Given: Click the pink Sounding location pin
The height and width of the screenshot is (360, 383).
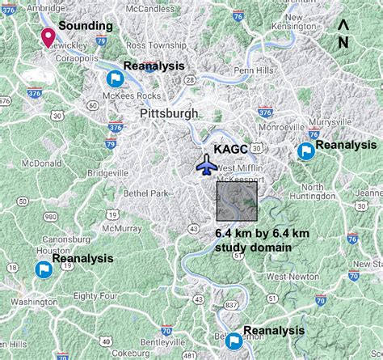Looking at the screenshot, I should click(48, 36).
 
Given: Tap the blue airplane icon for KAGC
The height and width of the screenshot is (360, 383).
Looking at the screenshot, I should click(207, 164).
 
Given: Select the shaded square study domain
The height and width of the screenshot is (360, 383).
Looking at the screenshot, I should click(237, 201).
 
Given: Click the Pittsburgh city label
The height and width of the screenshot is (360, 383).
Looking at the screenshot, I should click(168, 114).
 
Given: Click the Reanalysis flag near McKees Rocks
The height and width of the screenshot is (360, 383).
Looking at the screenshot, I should click(114, 78).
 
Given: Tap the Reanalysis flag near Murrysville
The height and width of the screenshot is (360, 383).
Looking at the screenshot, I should click(305, 150).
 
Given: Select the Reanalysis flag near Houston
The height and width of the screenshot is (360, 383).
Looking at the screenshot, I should click(42, 269).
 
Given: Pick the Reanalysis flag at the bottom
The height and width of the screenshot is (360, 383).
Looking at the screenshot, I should click(233, 340).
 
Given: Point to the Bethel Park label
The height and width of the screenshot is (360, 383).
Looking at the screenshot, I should click(146, 193).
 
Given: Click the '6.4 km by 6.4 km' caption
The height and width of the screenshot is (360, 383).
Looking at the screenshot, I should click(256, 233).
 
